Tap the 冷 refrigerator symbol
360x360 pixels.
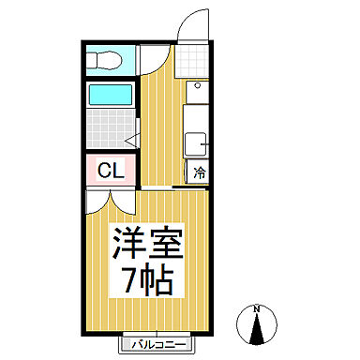[200, 172]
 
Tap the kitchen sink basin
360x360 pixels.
[198, 145]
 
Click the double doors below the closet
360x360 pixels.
[110, 199]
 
